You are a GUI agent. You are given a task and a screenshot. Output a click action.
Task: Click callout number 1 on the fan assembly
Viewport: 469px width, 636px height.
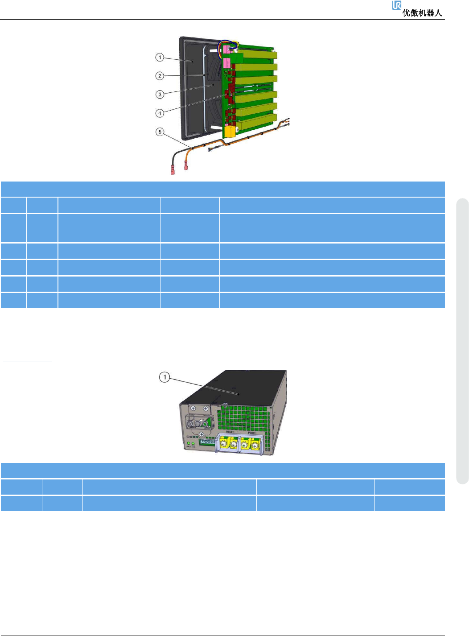[x=160, y=58]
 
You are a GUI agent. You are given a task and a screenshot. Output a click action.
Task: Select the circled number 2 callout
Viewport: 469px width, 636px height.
[x=160, y=76]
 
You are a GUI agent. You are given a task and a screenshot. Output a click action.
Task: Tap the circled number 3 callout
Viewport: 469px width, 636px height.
[x=160, y=94]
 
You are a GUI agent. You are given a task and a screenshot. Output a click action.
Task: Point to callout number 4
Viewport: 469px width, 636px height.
[x=160, y=113]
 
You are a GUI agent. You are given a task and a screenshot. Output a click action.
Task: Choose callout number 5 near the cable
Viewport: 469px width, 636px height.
[x=160, y=132]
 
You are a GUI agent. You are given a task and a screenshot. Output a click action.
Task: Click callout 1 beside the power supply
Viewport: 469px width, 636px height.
[x=165, y=377]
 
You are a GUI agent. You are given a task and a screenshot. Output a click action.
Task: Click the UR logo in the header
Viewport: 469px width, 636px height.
[x=396, y=5]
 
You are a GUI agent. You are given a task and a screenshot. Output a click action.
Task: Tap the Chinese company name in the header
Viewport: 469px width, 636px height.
[x=422, y=13]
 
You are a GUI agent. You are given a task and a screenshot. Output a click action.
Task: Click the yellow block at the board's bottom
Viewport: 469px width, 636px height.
[x=230, y=131]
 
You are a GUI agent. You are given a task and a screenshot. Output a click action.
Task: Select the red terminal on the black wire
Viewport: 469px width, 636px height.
[x=173, y=170]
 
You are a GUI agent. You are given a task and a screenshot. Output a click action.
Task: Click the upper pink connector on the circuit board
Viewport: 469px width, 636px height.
[x=227, y=48]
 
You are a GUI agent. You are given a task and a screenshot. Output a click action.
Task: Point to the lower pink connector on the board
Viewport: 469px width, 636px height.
[x=227, y=62]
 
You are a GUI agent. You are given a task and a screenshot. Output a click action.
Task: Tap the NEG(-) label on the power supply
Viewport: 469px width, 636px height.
[x=230, y=432]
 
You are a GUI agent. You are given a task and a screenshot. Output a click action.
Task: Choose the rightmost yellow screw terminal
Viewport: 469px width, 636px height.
[x=255, y=445]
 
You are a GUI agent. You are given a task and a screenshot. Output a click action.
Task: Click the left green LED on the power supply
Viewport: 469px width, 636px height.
[x=189, y=443]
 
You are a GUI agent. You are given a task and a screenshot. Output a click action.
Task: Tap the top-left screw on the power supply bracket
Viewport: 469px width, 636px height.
[x=193, y=408]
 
